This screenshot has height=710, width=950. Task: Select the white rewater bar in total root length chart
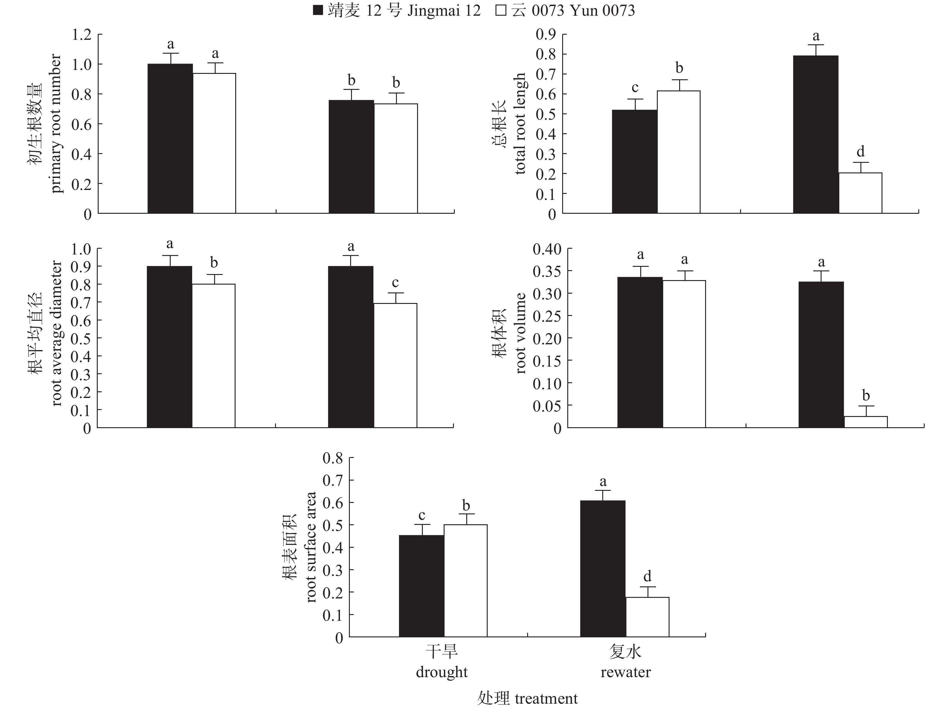pos(860,193)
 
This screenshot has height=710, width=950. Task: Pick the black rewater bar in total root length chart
pos(815,134)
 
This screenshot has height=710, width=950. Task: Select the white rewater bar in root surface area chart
pos(647,617)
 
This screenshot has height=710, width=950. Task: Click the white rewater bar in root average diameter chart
pos(395,365)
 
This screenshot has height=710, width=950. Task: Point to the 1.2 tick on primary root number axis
pos(82,35)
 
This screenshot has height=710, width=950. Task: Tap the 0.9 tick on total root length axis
pos(546,34)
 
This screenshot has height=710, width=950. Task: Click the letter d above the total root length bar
pos(860,152)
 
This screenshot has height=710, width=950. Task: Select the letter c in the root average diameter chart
pos(395,282)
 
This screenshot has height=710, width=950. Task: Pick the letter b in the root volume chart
pos(866,395)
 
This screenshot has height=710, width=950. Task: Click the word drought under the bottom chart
pos(442,672)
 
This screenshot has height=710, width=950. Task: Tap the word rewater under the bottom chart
pos(625,672)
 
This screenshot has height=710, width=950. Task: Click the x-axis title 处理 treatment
pos(527,699)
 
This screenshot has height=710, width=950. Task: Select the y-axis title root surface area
pos(311,547)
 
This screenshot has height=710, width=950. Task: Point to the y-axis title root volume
pos(521,333)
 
